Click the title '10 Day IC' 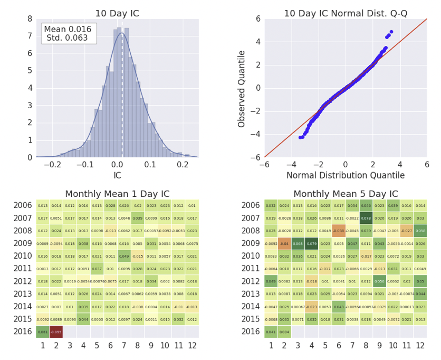(117, 13)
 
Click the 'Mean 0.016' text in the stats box (67, 30)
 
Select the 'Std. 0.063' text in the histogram (67, 38)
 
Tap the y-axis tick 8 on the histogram (30, 19)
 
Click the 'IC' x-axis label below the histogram (117, 175)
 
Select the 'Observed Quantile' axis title (242, 88)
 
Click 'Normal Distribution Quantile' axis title (346, 175)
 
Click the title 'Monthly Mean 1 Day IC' (117, 194)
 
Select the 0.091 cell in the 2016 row (43, 332)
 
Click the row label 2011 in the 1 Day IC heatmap (23, 269)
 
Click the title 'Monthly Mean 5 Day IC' (346, 194)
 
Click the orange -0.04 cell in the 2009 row (284, 243)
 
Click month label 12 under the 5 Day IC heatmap (420, 345)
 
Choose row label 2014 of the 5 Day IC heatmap (251, 307)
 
